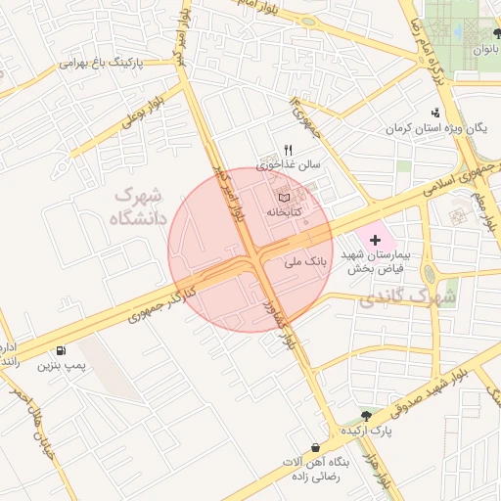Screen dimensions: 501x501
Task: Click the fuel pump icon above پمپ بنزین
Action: (63, 350)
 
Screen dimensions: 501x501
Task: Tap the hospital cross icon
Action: (376, 239)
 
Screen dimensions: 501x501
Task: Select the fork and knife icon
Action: (287, 150)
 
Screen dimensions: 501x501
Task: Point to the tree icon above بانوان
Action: (497, 33)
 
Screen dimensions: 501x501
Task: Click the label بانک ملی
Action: (302, 262)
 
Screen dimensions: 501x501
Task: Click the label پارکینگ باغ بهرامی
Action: (102, 63)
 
